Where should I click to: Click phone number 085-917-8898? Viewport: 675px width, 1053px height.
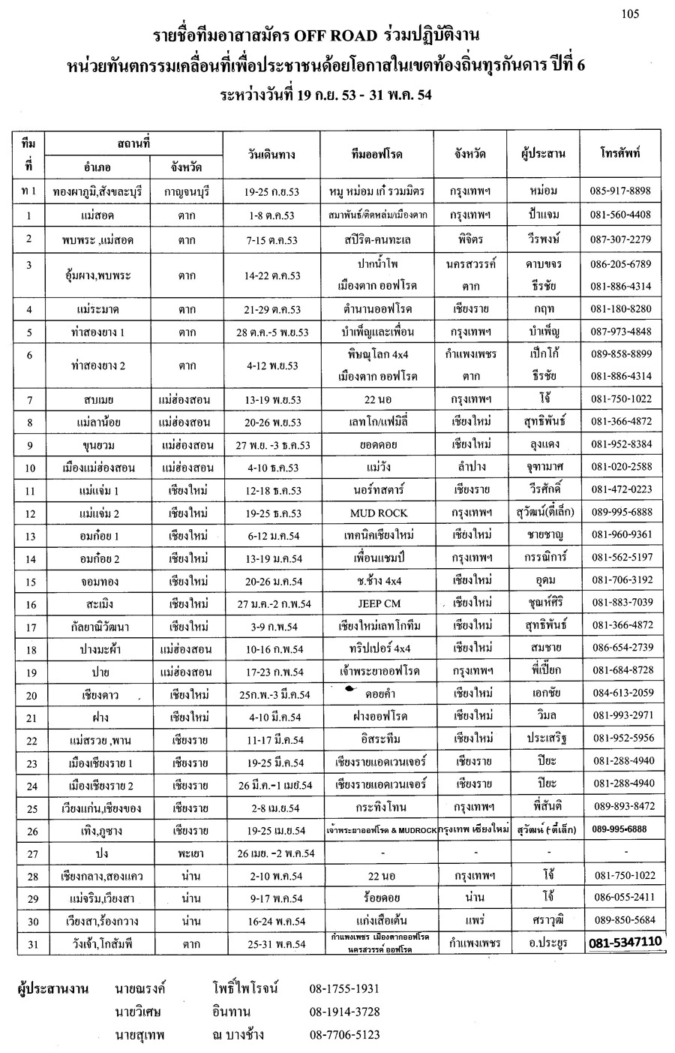pyautogui.click(x=622, y=191)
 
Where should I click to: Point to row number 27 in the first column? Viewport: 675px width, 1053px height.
pyautogui.click(x=31, y=853)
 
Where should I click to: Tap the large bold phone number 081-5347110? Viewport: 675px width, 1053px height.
pyautogui.click(x=625, y=942)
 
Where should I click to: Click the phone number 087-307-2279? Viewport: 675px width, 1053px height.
pyautogui.click(x=622, y=239)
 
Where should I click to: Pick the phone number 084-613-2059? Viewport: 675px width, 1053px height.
pyautogui.click(x=622, y=693)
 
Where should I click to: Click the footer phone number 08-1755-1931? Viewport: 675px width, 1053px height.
pyautogui.click(x=344, y=988)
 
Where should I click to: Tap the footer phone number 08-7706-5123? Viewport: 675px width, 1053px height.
pyautogui.click(x=344, y=1034)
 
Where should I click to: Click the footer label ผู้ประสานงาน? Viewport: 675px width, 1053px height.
pyautogui.click(x=53, y=988)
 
